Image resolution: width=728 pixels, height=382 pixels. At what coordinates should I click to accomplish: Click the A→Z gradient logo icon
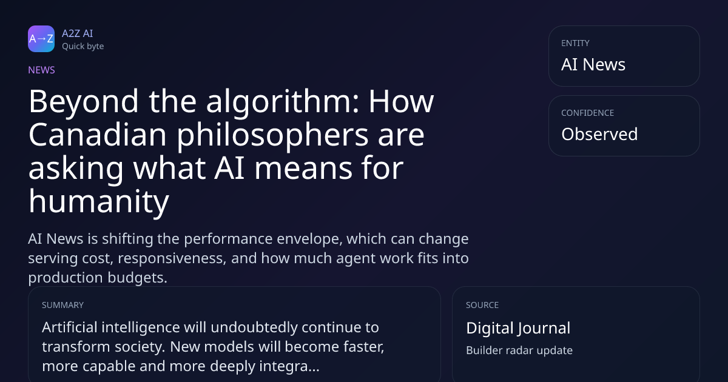coord(41,39)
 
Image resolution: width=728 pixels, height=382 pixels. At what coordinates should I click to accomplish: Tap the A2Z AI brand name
coord(78,33)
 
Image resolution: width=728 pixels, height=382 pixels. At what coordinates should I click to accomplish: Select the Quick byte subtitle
coord(83,47)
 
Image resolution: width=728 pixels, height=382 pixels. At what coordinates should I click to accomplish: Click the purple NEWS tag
coord(42,70)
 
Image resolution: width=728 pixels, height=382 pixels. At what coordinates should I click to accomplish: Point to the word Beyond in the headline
coord(84,102)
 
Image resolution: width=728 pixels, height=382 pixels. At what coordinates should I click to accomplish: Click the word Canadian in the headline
coord(98,135)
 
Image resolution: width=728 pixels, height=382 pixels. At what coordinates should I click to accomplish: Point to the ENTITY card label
coord(575,43)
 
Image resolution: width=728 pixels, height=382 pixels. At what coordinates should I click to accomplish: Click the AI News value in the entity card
coord(593,64)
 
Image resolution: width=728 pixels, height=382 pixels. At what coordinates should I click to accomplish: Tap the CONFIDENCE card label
coord(588,113)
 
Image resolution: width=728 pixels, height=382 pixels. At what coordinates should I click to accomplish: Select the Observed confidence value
coord(599,134)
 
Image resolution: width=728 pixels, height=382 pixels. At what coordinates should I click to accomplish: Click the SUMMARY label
coord(62,306)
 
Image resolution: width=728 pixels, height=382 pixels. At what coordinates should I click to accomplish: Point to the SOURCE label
coord(482,306)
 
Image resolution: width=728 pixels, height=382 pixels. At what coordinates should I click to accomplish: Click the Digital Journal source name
coord(518,329)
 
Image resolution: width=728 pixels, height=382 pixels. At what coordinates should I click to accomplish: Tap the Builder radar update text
coord(519,350)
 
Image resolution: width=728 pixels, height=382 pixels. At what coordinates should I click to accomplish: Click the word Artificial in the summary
coord(70,327)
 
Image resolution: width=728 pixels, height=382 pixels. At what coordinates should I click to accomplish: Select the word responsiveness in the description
coord(172,259)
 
